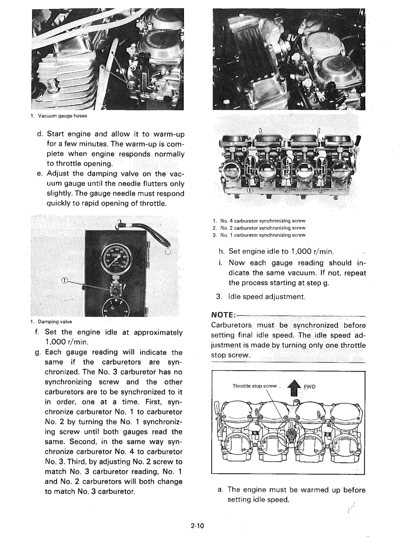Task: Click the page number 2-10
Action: [x=196, y=526]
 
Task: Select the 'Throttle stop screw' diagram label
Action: [x=254, y=386]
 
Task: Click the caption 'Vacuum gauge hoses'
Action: [x=60, y=116]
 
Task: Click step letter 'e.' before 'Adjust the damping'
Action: [x=40, y=173]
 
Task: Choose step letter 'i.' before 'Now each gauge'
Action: [x=220, y=263]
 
